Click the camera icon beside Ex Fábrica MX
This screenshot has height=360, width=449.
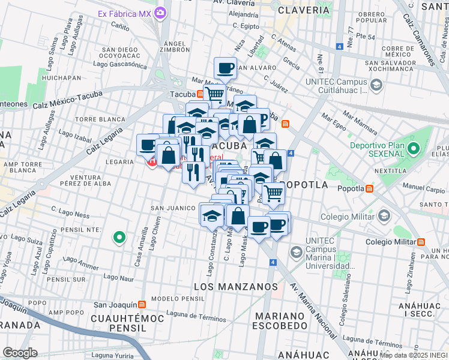160,13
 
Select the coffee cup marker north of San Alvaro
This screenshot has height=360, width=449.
225,68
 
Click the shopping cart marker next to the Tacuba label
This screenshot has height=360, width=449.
214,94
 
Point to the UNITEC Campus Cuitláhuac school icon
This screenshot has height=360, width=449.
376,85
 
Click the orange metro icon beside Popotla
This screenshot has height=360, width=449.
370,188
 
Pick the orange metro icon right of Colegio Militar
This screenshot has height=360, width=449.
421,242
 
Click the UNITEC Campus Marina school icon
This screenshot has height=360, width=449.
296,252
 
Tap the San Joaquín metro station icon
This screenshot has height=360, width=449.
142,304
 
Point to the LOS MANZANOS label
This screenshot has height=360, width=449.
235,287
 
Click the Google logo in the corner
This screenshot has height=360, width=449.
20,352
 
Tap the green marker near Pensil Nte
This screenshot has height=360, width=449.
119,238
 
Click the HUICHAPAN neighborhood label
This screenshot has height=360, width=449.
62,77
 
